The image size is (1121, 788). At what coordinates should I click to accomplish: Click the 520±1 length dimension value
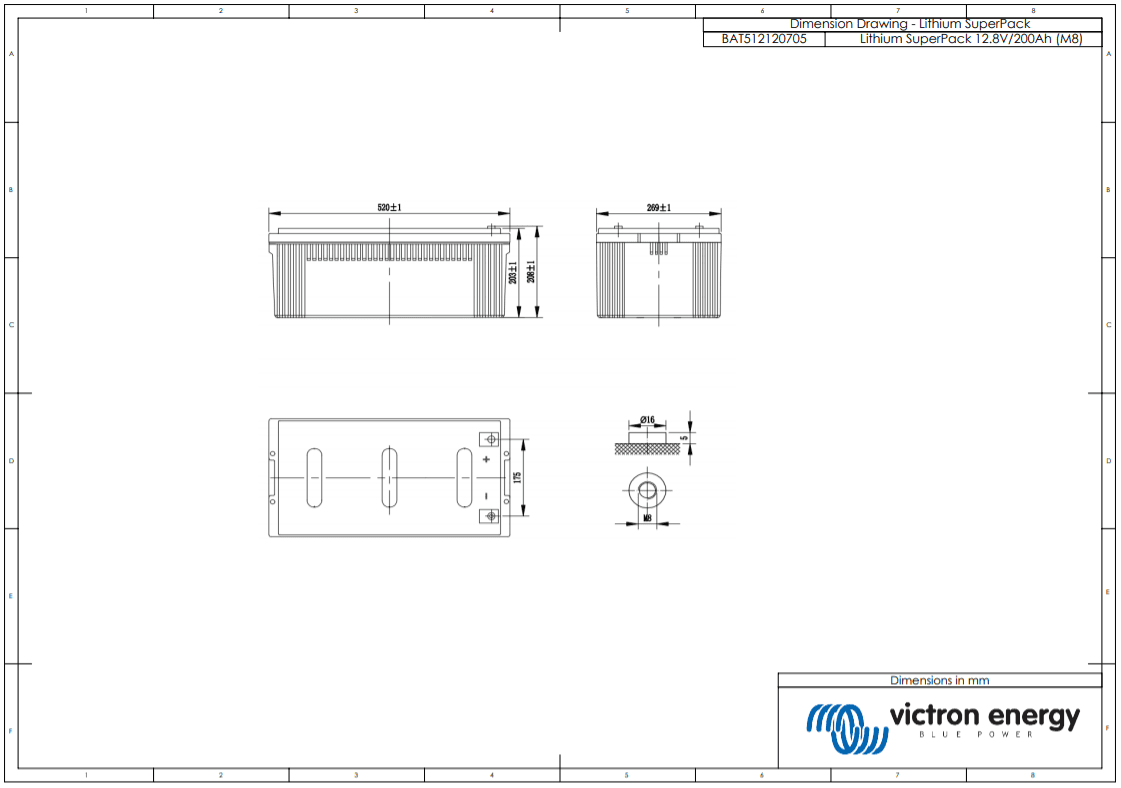pos(389,207)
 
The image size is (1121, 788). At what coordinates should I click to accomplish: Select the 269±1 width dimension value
pos(658,207)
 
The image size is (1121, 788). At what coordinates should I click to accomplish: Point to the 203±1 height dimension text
pos(513,272)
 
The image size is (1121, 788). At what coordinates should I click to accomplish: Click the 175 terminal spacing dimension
pos(517,477)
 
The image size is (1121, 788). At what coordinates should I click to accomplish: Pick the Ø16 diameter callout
pos(647,419)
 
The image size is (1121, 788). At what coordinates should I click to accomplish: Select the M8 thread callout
pos(648,518)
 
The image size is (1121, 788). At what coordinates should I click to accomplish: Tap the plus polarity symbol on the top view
pos(487,459)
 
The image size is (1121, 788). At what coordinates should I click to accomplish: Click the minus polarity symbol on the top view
pos(487,496)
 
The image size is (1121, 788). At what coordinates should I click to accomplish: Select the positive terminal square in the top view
pos(490,439)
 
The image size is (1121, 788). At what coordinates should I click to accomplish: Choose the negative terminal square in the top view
pos(490,516)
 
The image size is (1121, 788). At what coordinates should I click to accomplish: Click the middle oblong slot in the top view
pos(389,478)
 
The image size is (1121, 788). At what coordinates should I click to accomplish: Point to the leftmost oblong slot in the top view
pos(314,478)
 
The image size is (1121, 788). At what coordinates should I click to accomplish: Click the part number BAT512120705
pos(763,39)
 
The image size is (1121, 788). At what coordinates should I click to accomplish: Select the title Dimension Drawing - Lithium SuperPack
pos(909,23)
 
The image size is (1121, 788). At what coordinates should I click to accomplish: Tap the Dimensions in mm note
pos(939,680)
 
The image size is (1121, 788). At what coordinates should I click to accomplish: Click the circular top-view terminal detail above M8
pos(648,489)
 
